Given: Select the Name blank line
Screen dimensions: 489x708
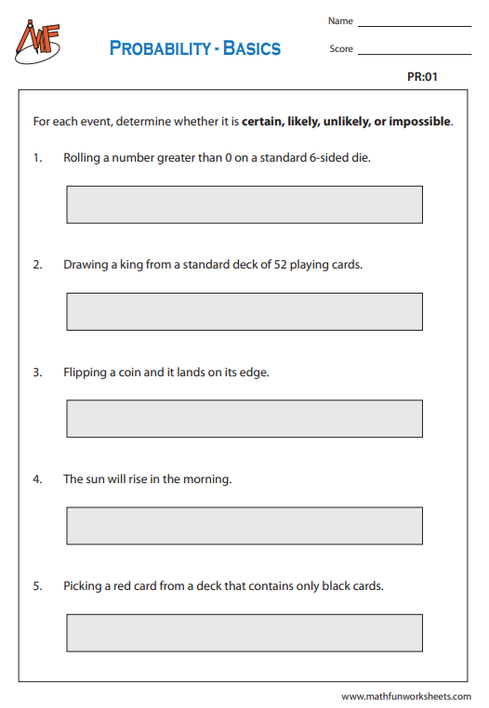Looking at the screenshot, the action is (x=414, y=25).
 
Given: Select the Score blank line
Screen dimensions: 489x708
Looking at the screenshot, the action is (x=414, y=54).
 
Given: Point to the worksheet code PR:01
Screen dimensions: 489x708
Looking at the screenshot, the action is (x=422, y=77).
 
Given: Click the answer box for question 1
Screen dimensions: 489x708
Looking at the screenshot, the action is (x=244, y=204).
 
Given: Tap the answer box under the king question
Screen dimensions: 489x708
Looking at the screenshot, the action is (x=244, y=311).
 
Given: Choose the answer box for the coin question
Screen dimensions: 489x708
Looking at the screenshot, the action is (x=244, y=418).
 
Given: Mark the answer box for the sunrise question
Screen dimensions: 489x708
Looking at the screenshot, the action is (x=244, y=525).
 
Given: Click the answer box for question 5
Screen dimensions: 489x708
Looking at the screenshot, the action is (x=244, y=632).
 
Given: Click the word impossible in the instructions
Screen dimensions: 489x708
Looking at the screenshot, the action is (x=419, y=122).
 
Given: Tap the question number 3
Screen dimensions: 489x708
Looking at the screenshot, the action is (x=37, y=372).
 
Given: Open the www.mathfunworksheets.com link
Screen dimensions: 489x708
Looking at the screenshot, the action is (x=405, y=696).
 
